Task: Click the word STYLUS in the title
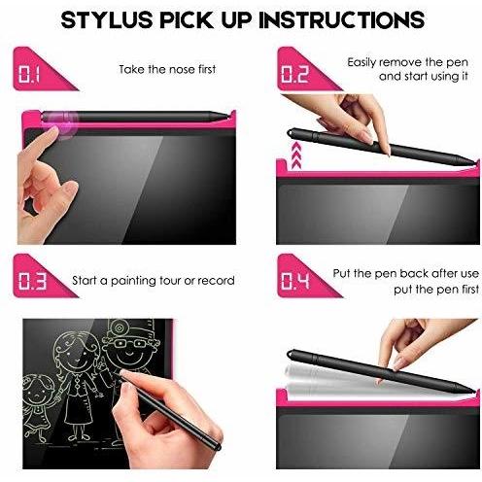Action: coord(107,19)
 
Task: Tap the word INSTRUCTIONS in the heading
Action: coord(342,19)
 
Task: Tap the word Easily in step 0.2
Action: coord(361,62)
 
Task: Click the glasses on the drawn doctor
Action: coord(130,343)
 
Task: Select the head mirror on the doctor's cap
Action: coord(120,327)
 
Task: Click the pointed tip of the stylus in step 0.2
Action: coord(475,162)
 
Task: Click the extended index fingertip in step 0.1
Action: coord(52,132)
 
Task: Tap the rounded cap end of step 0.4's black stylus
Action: coord(291,354)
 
